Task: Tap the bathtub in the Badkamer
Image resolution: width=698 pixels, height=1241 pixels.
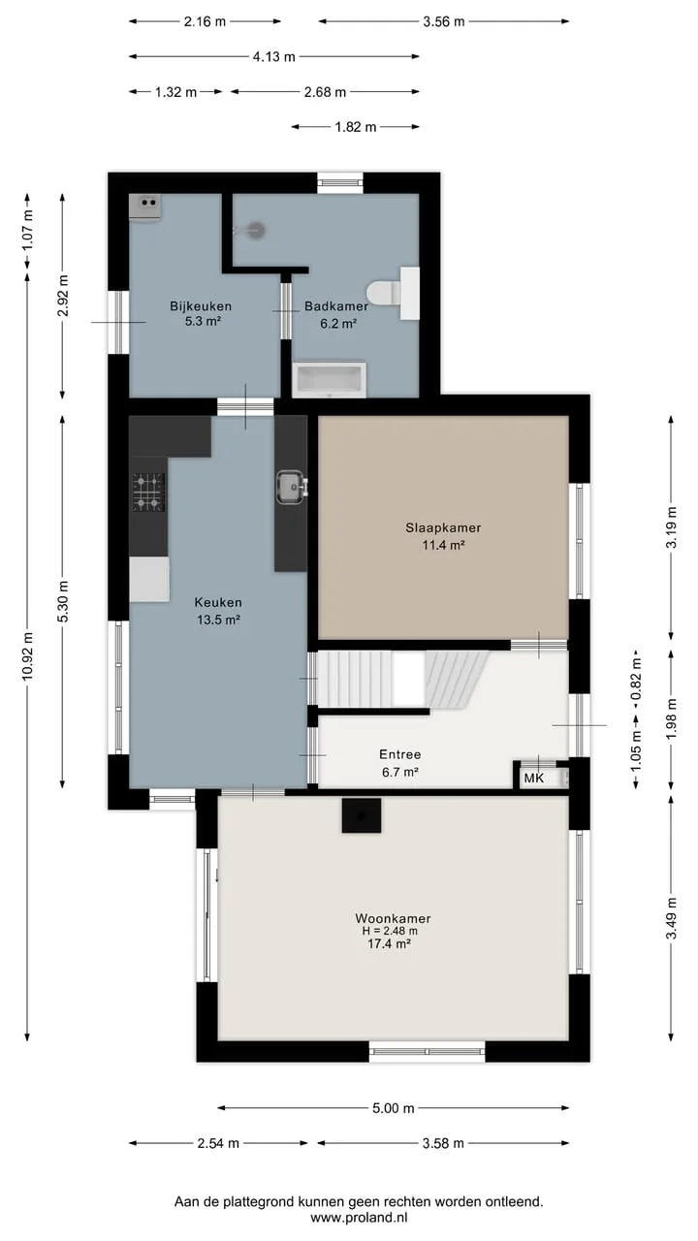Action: pyautogui.click(x=329, y=380)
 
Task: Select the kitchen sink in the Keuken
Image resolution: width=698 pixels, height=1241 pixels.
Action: pyautogui.click(x=291, y=487)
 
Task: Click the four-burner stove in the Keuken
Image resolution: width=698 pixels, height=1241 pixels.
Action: pyautogui.click(x=148, y=492)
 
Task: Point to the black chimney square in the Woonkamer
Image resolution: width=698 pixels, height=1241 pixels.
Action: pyautogui.click(x=362, y=815)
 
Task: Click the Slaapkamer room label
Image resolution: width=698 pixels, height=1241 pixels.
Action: pyautogui.click(x=443, y=528)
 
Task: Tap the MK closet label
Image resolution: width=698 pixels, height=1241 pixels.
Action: pyautogui.click(x=534, y=779)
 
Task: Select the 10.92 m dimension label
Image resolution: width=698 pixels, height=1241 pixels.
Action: pyautogui.click(x=29, y=655)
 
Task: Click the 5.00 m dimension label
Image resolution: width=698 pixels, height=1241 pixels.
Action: pyautogui.click(x=394, y=1108)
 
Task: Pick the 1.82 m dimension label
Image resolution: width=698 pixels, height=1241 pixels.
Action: pyautogui.click(x=356, y=127)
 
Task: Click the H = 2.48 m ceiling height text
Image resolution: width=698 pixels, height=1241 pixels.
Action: pyautogui.click(x=390, y=932)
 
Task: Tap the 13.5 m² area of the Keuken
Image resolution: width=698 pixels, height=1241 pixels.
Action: pyautogui.click(x=218, y=620)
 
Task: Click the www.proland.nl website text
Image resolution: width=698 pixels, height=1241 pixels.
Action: pyautogui.click(x=359, y=1218)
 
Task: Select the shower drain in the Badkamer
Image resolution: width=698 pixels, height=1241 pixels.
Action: pyautogui.click(x=256, y=230)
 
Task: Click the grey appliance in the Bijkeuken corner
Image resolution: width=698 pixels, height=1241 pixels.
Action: pyautogui.click(x=145, y=207)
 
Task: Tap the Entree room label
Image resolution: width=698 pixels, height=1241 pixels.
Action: pyautogui.click(x=400, y=754)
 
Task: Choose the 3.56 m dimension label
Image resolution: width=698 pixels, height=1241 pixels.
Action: pyautogui.click(x=444, y=21)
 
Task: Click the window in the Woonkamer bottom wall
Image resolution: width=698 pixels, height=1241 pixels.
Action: pyautogui.click(x=428, y=1051)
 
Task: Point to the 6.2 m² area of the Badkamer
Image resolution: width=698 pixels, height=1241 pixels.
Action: pyautogui.click(x=338, y=324)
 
